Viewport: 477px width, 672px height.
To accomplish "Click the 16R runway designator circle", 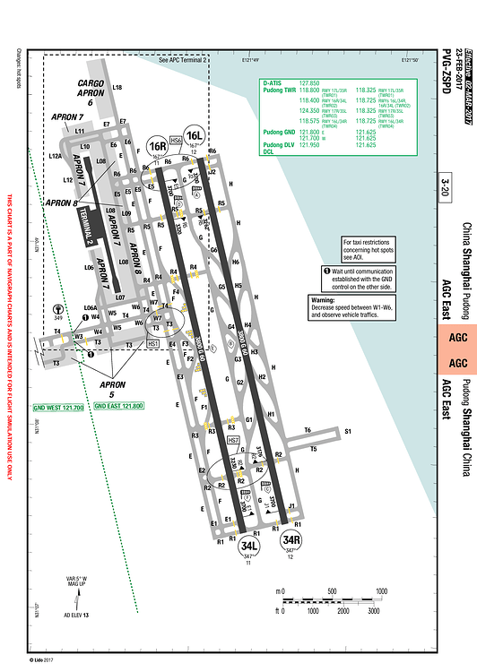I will [158, 145].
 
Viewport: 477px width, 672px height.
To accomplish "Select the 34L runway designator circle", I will [249, 546].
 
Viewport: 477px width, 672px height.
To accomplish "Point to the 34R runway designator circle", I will [290, 539].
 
